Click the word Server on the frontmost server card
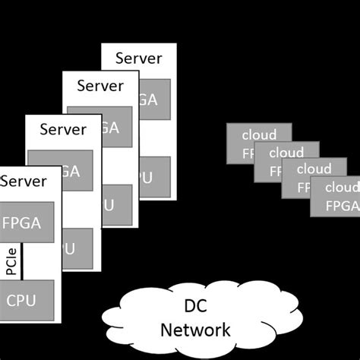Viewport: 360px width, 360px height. [24, 181]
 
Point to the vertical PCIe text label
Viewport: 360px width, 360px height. [11, 261]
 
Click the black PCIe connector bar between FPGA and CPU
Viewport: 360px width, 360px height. [23, 261]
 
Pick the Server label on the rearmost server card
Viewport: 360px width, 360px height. [139, 57]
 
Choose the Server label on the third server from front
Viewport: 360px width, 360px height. [100, 86]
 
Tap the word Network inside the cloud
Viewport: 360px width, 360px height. [195, 330]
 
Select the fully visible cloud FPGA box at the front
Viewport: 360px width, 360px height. [335, 196]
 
